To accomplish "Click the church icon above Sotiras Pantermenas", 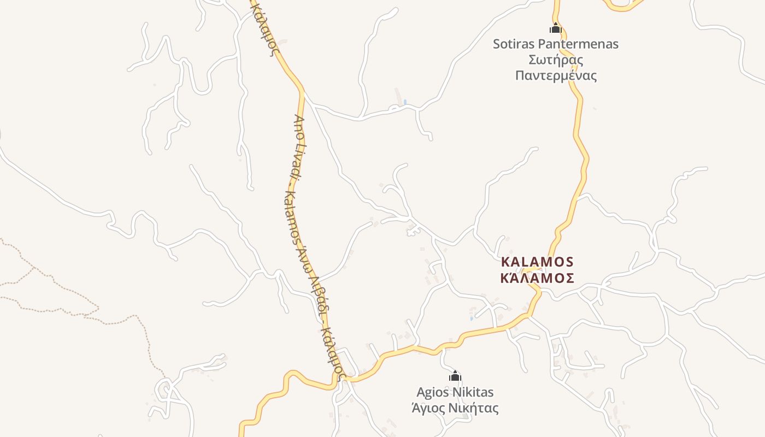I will click(x=556, y=28).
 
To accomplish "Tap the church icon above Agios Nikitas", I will click(x=455, y=376).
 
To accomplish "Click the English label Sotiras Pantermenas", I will click(x=556, y=44).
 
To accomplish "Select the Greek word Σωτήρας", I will click(x=556, y=60).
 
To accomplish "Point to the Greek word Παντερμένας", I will click(x=556, y=75).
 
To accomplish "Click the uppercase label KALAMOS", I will click(x=537, y=262).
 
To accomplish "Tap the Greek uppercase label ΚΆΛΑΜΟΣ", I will click(x=537, y=278).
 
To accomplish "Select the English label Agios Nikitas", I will click(x=455, y=392).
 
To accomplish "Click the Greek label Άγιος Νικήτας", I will click(x=455, y=408).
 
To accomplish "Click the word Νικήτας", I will click(x=475, y=408).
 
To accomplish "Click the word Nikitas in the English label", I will click(x=474, y=392).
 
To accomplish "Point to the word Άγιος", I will click(x=429, y=408).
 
